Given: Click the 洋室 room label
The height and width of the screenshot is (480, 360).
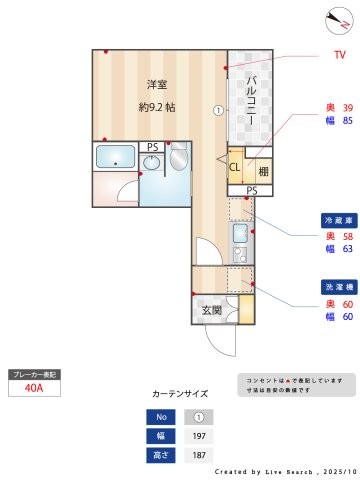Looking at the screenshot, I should click(156, 84).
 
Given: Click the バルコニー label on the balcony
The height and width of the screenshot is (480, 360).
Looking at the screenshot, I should click(254, 100).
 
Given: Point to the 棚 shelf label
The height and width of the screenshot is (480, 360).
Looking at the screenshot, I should click(263, 171).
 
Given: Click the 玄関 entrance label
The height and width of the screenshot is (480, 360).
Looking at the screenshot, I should click(213, 311).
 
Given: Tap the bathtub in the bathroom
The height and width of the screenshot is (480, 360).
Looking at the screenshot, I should click(116, 157).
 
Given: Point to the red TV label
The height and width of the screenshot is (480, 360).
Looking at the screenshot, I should click(325, 56).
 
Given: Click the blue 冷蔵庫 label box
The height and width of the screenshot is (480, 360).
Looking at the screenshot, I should click(334, 218).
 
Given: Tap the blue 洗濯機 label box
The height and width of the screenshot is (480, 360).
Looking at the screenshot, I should click(334, 285).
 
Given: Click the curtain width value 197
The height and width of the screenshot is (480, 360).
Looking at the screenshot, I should click(198, 436).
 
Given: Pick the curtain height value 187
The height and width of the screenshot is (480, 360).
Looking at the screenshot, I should click(198, 455).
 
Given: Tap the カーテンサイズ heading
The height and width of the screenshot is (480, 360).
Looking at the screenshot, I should click(180, 394).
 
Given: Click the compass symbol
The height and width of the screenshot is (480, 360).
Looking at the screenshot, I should click(336, 19).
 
